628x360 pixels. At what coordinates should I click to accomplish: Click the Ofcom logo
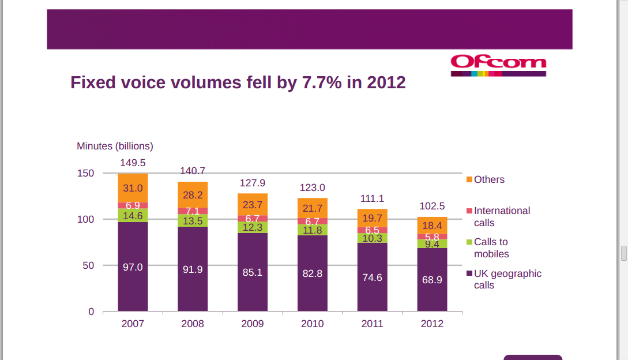point(498,65)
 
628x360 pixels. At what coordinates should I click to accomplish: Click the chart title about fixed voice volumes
point(238,82)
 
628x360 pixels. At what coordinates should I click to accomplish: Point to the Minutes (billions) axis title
point(115,146)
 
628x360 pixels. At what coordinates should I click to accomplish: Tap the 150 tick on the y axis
point(86,173)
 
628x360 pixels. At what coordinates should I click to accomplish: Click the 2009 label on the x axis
point(253,324)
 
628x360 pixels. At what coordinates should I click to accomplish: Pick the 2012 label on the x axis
point(432,324)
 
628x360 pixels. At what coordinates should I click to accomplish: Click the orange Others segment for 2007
point(133,188)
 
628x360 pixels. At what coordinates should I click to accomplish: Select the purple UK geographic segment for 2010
point(313,273)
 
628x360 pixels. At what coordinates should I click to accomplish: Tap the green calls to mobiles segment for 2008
point(193,221)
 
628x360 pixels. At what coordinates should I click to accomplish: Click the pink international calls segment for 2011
point(372,230)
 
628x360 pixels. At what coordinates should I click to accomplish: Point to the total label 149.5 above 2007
point(133,163)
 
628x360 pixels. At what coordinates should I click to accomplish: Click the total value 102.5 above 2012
point(432,206)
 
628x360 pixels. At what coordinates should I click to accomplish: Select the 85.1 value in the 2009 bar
point(253,272)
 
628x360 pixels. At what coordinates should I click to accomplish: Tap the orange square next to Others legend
point(469,179)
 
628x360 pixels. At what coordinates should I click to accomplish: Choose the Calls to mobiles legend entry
point(491,247)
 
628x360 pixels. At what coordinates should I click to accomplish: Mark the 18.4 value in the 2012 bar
point(432,226)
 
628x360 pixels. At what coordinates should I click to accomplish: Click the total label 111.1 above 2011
point(372,198)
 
